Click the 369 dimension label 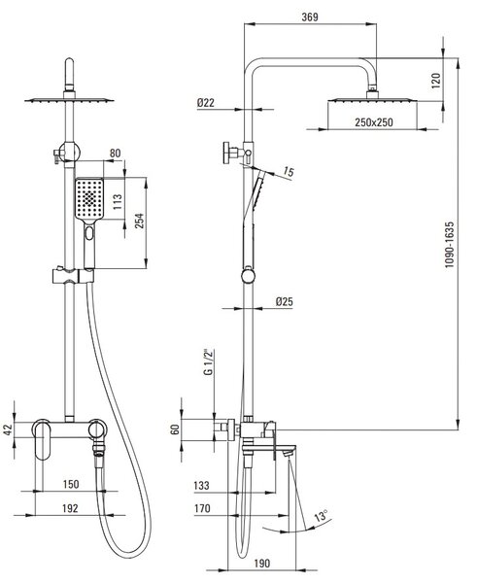pyautogui.click(x=310, y=17)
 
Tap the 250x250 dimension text pyautogui.click(x=374, y=122)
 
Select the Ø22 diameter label pyautogui.click(x=206, y=103)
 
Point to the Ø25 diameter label pyautogui.click(x=285, y=301)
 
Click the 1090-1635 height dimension pyautogui.click(x=450, y=244)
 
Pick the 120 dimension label pyautogui.click(x=436, y=81)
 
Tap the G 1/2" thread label pyautogui.click(x=209, y=362)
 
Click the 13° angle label pyautogui.click(x=321, y=515)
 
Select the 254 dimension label pyautogui.click(x=139, y=221)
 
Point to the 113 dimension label pyautogui.click(x=118, y=202)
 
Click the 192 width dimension pyautogui.click(x=70, y=508)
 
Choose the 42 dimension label pyautogui.click(x=8, y=429)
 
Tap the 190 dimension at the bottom pyautogui.click(x=261, y=564)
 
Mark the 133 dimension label pyautogui.click(x=202, y=486)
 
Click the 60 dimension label pyautogui.click(x=175, y=429)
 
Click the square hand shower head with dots pyautogui.click(x=89, y=198)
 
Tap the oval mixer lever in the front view pyautogui.click(x=42, y=439)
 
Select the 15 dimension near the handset pyautogui.click(x=289, y=171)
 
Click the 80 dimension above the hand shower pyautogui.click(x=116, y=154)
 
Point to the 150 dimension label pyautogui.click(x=71, y=484)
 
